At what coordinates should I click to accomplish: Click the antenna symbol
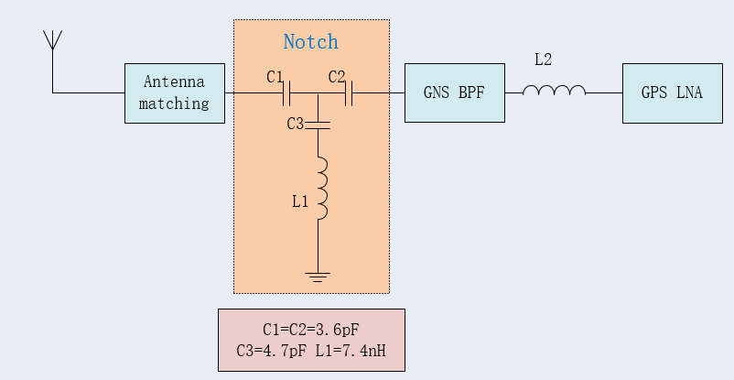[x=52, y=41]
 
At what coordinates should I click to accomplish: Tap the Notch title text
[x=310, y=42]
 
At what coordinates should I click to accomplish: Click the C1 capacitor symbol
[x=287, y=92]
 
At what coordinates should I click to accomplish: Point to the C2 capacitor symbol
[x=349, y=92]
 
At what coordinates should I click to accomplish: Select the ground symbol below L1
[x=318, y=275]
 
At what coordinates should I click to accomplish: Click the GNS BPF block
[x=454, y=92]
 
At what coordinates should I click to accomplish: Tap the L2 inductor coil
[x=554, y=91]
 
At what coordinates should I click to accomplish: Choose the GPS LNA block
[x=664, y=92]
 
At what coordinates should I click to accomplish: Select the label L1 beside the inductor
[x=300, y=201]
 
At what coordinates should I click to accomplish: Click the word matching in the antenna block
[x=174, y=103]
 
